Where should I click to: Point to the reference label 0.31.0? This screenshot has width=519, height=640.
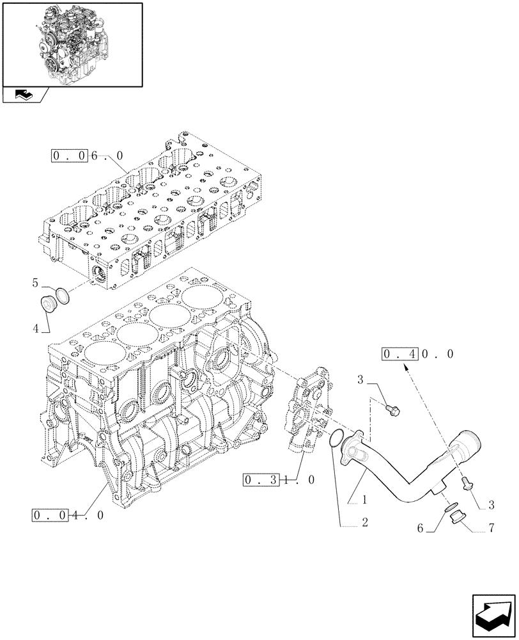[x=280, y=480]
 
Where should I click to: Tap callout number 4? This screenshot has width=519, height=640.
[x=36, y=328]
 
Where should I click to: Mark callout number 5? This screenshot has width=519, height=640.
[x=36, y=282]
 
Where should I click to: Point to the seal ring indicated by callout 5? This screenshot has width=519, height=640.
[x=62, y=294]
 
